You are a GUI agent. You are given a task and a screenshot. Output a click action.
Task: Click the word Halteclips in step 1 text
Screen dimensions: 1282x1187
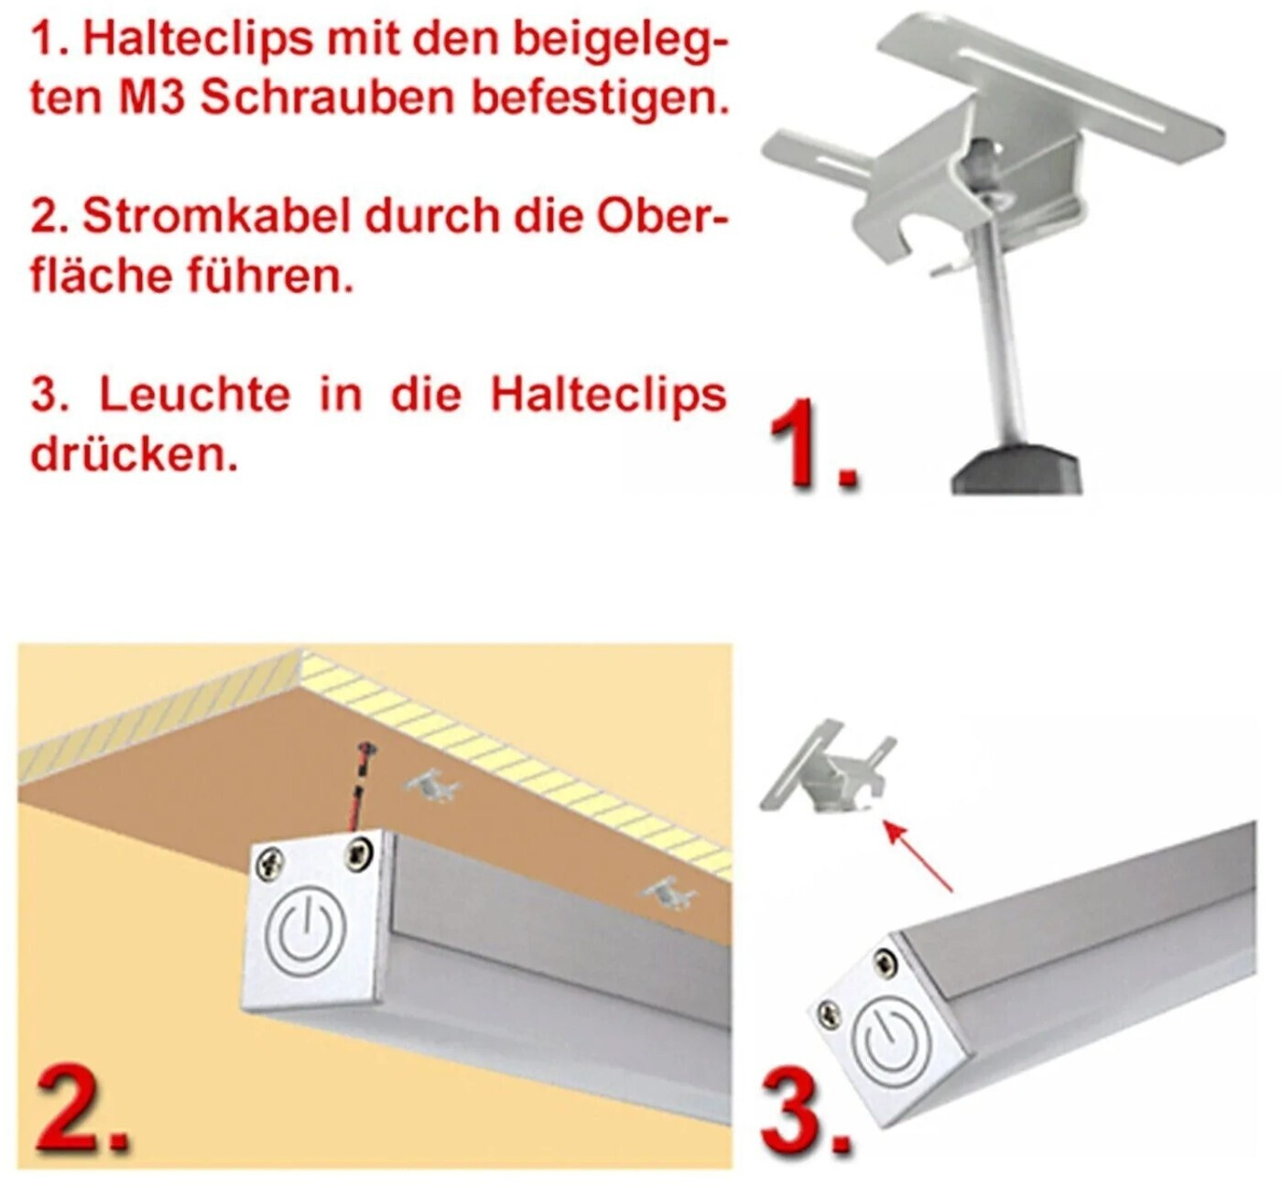coord(198,39)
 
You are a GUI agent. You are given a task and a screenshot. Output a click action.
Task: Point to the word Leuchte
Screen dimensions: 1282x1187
coord(194,395)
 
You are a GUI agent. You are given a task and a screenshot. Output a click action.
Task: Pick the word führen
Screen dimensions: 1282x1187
coord(270,276)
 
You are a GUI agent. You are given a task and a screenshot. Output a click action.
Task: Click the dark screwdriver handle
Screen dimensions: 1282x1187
coord(1016,468)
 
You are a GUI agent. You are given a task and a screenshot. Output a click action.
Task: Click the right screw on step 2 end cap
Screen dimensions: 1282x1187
coord(359,854)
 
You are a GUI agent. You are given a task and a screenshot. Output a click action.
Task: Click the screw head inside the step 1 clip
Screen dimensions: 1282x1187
coord(979,158)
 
